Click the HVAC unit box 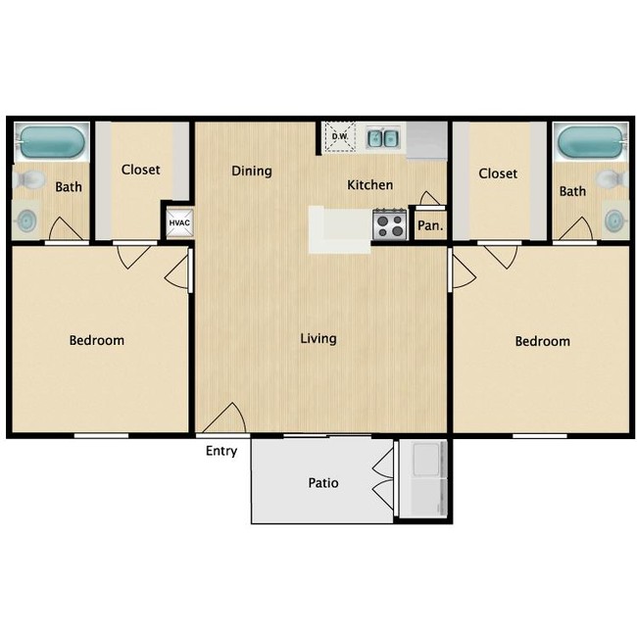(179, 223)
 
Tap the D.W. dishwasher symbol (340, 137)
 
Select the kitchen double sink (383, 138)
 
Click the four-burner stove (390, 224)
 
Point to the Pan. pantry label (430, 225)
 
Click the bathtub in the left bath (52, 142)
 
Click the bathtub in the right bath (590, 142)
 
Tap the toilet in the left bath (29, 178)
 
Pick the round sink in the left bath (26, 220)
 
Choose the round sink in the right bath (615, 220)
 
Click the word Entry (221, 451)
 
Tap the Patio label (323, 482)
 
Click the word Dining (252, 171)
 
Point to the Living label (318, 339)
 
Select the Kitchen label (370, 185)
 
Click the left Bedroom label (97, 340)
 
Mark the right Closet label (498, 173)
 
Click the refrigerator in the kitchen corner (426, 140)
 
